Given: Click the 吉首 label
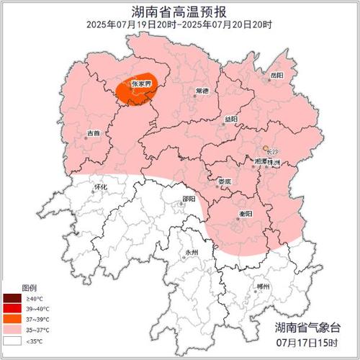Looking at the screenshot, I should (x=94, y=133).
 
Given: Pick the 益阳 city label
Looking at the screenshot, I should (x=230, y=118).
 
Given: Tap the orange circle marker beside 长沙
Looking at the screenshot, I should (x=266, y=149).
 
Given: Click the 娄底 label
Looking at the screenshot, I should (x=225, y=182).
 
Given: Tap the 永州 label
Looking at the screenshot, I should (x=191, y=253).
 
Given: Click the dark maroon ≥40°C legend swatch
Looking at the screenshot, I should (x=12, y=298).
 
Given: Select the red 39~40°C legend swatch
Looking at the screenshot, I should (x=12, y=307).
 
